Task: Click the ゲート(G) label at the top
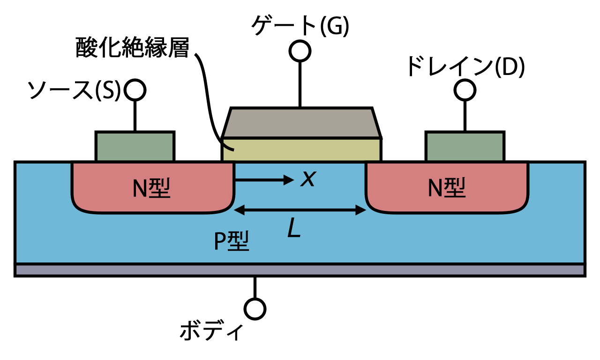point(300,26)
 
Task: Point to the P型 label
point(231,241)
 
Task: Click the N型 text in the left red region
point(151,188)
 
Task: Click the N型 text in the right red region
point(447,188)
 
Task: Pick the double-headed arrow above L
point(300,210)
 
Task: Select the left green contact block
point(135,147)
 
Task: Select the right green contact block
point(465,147)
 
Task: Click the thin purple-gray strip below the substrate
point(300,270)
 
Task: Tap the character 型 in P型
point(239,241)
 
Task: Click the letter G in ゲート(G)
point(335,27)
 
